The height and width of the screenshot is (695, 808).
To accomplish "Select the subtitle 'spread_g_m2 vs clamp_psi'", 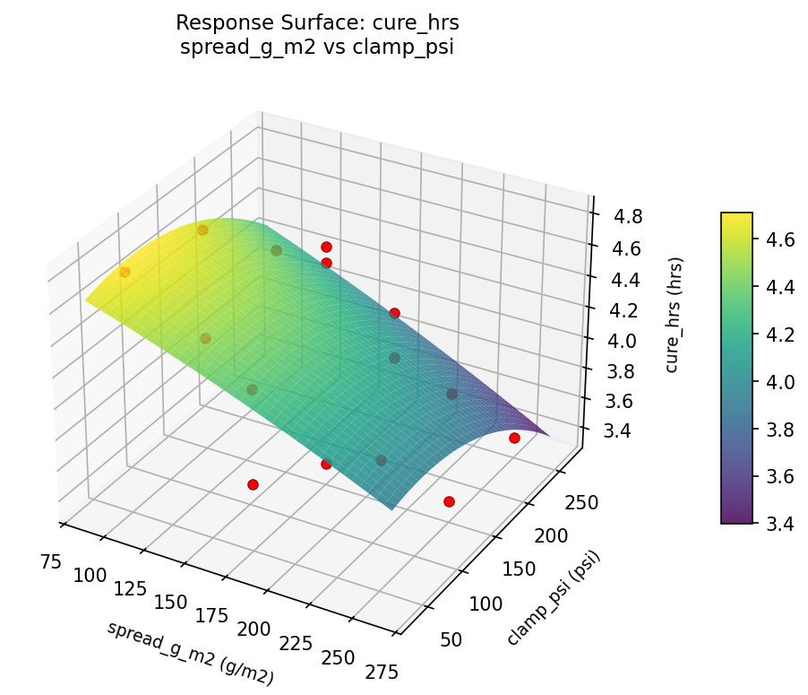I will pos(317,48).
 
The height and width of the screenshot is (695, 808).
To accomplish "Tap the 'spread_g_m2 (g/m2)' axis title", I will pos(190,653).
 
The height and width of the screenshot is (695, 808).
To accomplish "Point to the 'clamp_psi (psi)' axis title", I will pos(553,598).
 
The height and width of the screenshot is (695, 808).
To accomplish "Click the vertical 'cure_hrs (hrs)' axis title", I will pos(675,315).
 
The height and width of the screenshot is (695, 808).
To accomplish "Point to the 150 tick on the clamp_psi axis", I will pos(520,569).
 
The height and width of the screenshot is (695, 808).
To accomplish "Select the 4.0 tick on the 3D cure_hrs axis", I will pos(620,341).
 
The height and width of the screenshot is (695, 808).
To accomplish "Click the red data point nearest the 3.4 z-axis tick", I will pos(514,438).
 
